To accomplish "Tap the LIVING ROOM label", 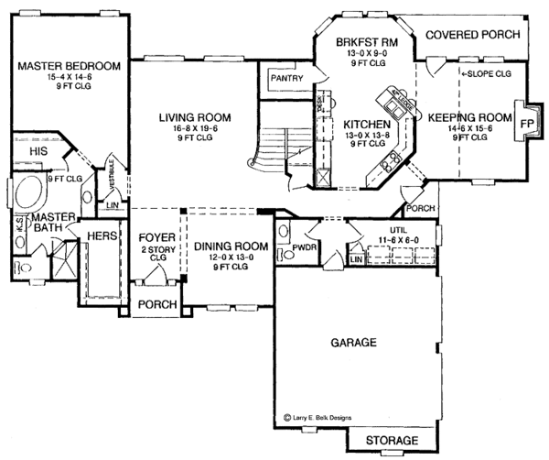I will [193, 117].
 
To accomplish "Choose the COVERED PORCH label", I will [472, 34].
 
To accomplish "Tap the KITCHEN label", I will [368, 124].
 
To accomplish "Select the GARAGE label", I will [353, 343].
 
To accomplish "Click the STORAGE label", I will [391, 441].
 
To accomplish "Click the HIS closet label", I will [38, 149].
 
